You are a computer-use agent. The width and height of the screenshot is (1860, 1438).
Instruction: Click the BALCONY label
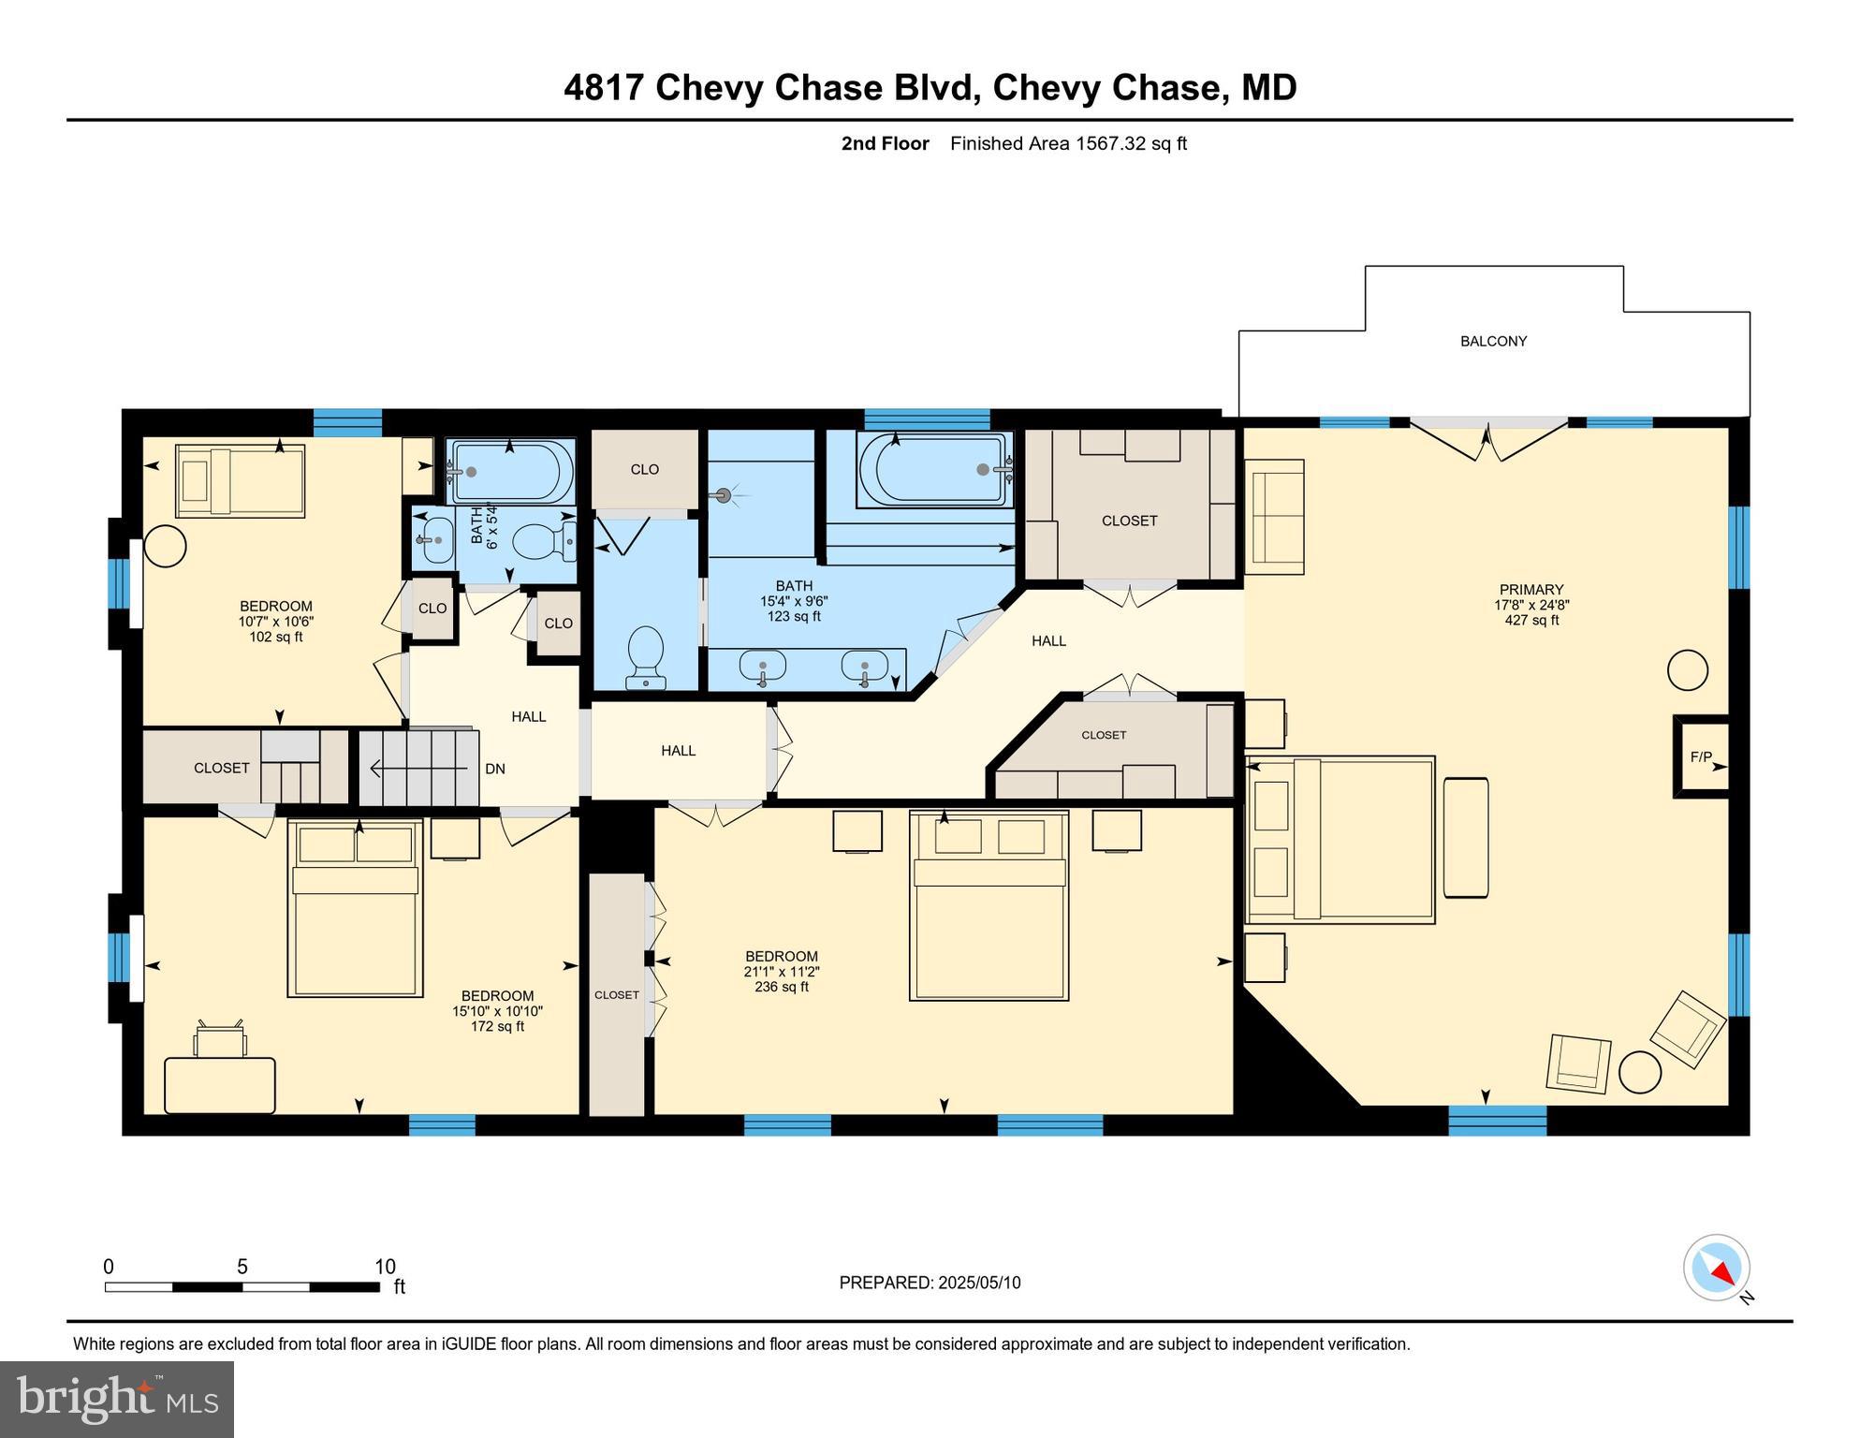click(1493, 342)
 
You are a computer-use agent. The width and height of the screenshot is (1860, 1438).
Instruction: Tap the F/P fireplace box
click(1701, 756)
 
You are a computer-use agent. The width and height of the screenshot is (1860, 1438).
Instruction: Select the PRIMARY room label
click(1531, 590)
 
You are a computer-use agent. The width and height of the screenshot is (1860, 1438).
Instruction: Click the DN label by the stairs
click(495, 769)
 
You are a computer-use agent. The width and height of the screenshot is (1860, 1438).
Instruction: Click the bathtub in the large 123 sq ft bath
click(934, 470)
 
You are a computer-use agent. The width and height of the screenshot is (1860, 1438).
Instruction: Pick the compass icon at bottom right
click(1717, 1268)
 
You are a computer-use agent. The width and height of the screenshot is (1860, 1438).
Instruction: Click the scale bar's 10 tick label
click(385, 1267)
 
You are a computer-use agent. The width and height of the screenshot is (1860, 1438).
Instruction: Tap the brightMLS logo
click(117, 1399)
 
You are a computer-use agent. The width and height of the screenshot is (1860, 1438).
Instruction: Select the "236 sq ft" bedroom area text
click(782, 987)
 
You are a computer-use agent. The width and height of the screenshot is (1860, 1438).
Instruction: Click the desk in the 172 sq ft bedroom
click(220, 1084)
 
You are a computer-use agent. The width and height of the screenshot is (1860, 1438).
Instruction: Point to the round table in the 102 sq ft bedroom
click(165, 546)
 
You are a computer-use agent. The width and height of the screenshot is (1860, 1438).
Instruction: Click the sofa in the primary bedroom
click(1274, 516)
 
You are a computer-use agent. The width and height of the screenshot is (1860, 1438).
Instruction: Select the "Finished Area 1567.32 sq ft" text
click(1068, 143)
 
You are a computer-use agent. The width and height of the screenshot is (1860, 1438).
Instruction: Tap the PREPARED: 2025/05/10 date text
click(930, 1283)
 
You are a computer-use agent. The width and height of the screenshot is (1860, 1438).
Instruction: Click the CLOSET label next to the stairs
click(222, 768)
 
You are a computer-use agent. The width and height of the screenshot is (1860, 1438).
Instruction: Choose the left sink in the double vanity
click(762, 667)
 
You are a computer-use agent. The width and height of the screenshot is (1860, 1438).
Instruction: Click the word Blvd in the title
click(936, 88)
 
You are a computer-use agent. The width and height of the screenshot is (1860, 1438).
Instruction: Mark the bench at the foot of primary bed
click(1466, 837)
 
